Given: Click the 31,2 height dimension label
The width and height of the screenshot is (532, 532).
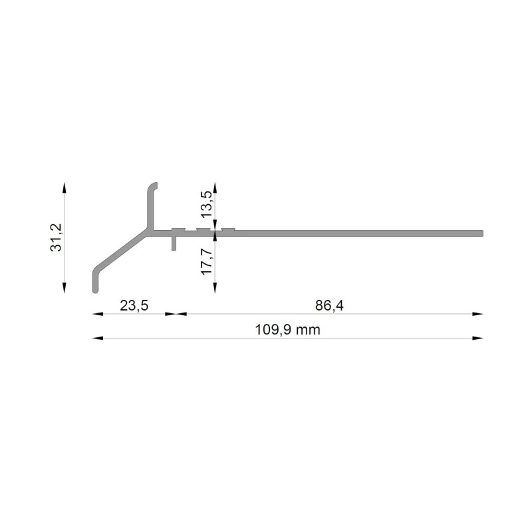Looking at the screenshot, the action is pos(56,237).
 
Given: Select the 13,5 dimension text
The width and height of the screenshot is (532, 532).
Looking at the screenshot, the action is pos(206,204).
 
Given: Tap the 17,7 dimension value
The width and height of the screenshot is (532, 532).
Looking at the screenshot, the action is pos(206,261).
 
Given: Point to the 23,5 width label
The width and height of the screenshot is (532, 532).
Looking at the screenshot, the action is pos(134,306).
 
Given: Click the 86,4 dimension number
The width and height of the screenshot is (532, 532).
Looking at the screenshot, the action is pos(329,306).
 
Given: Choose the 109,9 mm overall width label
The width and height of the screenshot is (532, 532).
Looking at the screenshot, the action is pos(287,330).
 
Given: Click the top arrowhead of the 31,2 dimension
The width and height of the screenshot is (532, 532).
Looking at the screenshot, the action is pos(65,188).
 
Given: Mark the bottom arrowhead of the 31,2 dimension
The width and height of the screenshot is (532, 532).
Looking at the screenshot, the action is pos(65,287).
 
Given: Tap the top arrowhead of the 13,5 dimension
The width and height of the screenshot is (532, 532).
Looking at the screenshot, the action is pos(214,188).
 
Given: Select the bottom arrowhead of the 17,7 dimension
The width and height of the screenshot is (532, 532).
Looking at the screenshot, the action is pos(214,287).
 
